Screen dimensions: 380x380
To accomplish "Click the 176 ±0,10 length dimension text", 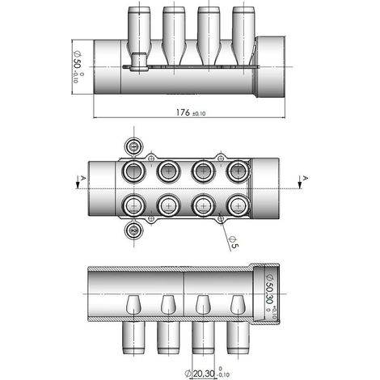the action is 191,112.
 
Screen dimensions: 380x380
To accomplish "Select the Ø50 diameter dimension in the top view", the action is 78,66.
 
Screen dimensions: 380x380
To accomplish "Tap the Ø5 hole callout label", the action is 234,242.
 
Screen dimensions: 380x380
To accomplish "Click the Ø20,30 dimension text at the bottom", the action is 207,374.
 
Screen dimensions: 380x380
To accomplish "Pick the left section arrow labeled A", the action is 78,182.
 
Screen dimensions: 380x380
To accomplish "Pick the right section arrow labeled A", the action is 300,182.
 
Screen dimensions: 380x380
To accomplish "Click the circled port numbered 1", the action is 133,146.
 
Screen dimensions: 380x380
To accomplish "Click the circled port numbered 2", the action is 133,230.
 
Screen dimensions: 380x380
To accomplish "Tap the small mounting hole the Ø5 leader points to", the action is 221,218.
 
